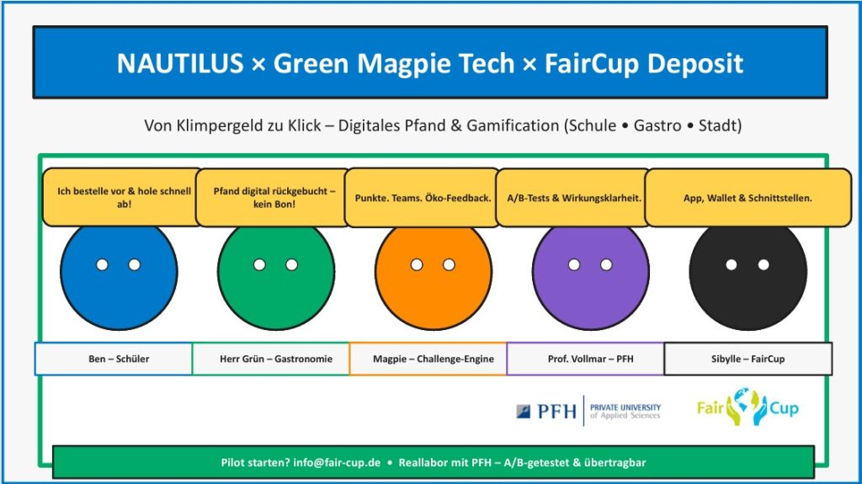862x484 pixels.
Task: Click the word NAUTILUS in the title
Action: (x=180, y=63)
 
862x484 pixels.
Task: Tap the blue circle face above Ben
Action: (x=119, y=275)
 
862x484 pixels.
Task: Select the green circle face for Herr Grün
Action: (x=276, y=275)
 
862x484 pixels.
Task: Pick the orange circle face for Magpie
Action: (x=434, y=275)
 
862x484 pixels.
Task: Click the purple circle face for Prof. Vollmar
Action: (x=590, y=275)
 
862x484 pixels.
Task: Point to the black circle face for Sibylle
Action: (x=748, y=275)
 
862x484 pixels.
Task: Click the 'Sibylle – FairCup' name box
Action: (x=748, y=359)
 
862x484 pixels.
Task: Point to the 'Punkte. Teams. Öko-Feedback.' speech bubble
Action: (x=423, y=198)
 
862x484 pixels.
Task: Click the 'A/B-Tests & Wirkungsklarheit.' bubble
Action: (x=573, y=198)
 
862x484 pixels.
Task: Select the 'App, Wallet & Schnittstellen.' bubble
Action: (x=748, y=198)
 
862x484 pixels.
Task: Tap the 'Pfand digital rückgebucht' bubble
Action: (x=274, y=198)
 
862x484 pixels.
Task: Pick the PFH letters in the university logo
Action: (x=557, y=412)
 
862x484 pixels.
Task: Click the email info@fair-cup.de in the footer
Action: (x=337, y=463)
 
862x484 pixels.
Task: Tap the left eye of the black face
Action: (x=732, y=264)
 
